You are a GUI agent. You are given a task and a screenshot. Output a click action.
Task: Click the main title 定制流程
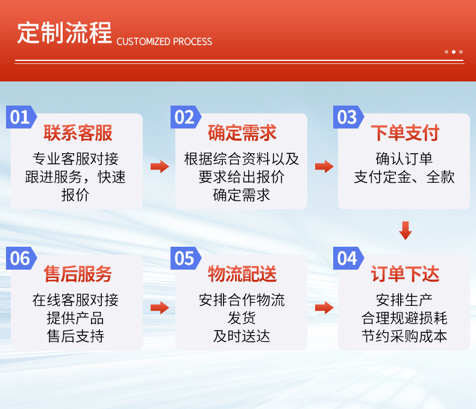[64, 33]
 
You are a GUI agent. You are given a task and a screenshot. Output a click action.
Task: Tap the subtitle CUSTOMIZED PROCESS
[164, 42]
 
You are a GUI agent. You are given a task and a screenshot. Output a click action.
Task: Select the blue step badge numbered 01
[20, 117]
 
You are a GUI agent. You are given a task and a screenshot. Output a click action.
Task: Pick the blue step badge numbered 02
[184, 117]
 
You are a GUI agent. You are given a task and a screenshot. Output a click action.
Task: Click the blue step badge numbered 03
[348, 117]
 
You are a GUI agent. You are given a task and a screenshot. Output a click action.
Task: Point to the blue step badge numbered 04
[348, 258]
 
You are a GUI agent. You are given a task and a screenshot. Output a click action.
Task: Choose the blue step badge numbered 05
[184, 258]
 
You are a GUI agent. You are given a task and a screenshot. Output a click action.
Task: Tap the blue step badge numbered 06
[20, 258]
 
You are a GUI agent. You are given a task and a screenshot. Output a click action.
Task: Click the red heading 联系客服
[78, 133]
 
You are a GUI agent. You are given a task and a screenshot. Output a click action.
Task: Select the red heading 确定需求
[242, 133]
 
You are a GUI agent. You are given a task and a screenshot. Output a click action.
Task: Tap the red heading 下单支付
[405, 133]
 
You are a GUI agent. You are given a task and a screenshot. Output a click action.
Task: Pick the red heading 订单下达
[405, 274]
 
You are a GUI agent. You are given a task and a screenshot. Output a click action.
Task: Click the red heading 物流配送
[242, 274]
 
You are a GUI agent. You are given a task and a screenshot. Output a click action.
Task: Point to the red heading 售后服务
[78, 274]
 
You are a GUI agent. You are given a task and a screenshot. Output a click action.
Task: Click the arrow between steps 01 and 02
[160, 166]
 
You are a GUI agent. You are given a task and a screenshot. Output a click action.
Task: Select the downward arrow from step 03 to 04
[406, 230]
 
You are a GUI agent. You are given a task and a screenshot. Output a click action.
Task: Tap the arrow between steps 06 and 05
[160, 308]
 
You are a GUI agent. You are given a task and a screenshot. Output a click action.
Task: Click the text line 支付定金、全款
[404, 177]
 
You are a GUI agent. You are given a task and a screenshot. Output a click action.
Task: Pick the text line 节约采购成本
[404, 336]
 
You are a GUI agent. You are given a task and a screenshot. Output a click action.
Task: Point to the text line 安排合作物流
[242, 300]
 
